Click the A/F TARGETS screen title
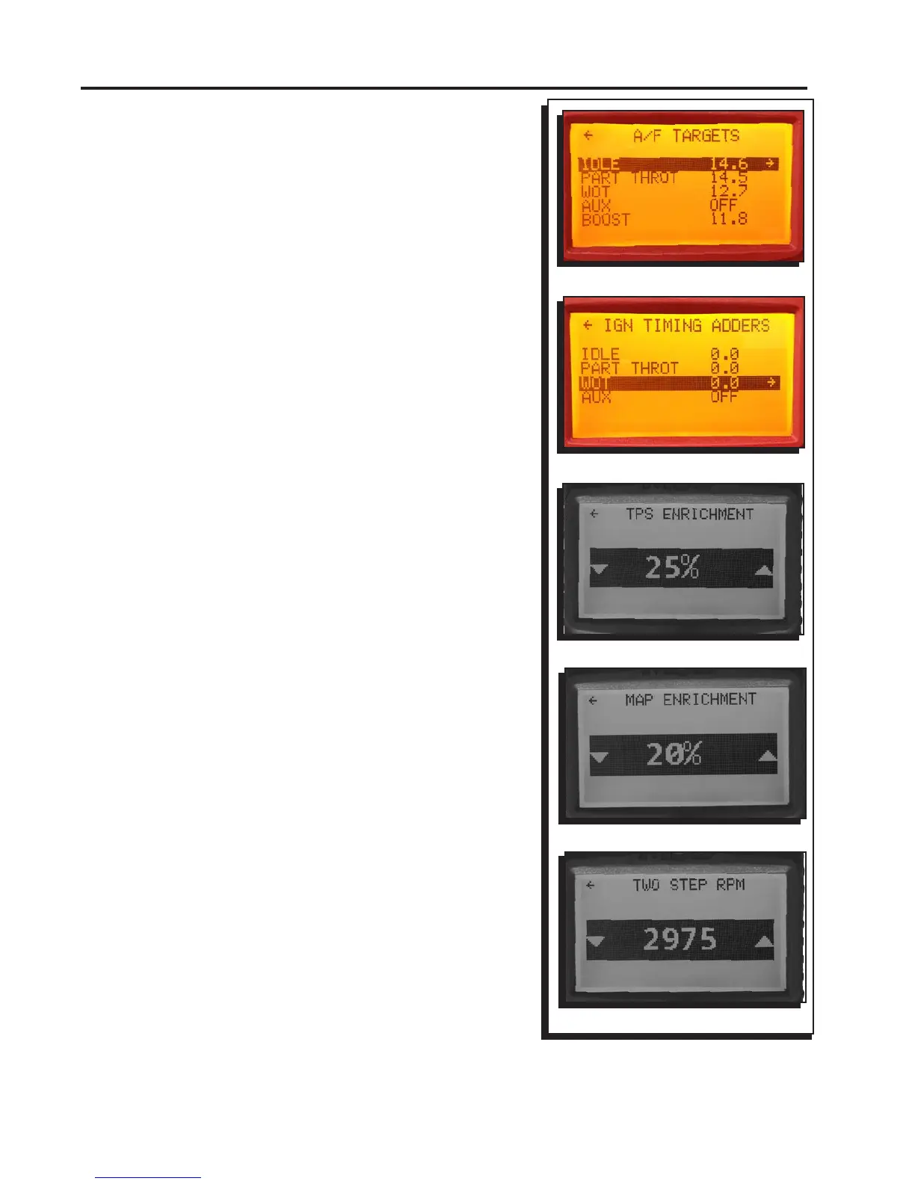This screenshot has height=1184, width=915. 686,136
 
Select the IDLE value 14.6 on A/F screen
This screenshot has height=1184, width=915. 728,164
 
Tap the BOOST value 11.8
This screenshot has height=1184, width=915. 728,219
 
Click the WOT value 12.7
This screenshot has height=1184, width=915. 728,191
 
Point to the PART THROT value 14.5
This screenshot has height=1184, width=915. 728,178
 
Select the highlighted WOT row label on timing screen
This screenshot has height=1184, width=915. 595,383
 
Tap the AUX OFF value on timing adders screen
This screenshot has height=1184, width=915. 724,397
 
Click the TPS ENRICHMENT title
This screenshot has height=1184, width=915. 689,514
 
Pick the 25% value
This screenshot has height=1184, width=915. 672,568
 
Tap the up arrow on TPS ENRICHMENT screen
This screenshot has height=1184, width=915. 763,570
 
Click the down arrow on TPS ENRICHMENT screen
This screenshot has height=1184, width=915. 599,570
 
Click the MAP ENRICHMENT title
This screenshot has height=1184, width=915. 691,700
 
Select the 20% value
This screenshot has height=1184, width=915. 674,754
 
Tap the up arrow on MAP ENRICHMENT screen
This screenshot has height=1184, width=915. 767,756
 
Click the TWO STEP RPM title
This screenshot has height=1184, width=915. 688,885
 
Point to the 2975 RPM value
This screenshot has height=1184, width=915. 680,940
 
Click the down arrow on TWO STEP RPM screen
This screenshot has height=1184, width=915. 596,942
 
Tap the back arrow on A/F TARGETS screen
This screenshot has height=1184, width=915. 588,135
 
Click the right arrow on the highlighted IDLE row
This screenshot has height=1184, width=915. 770,163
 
